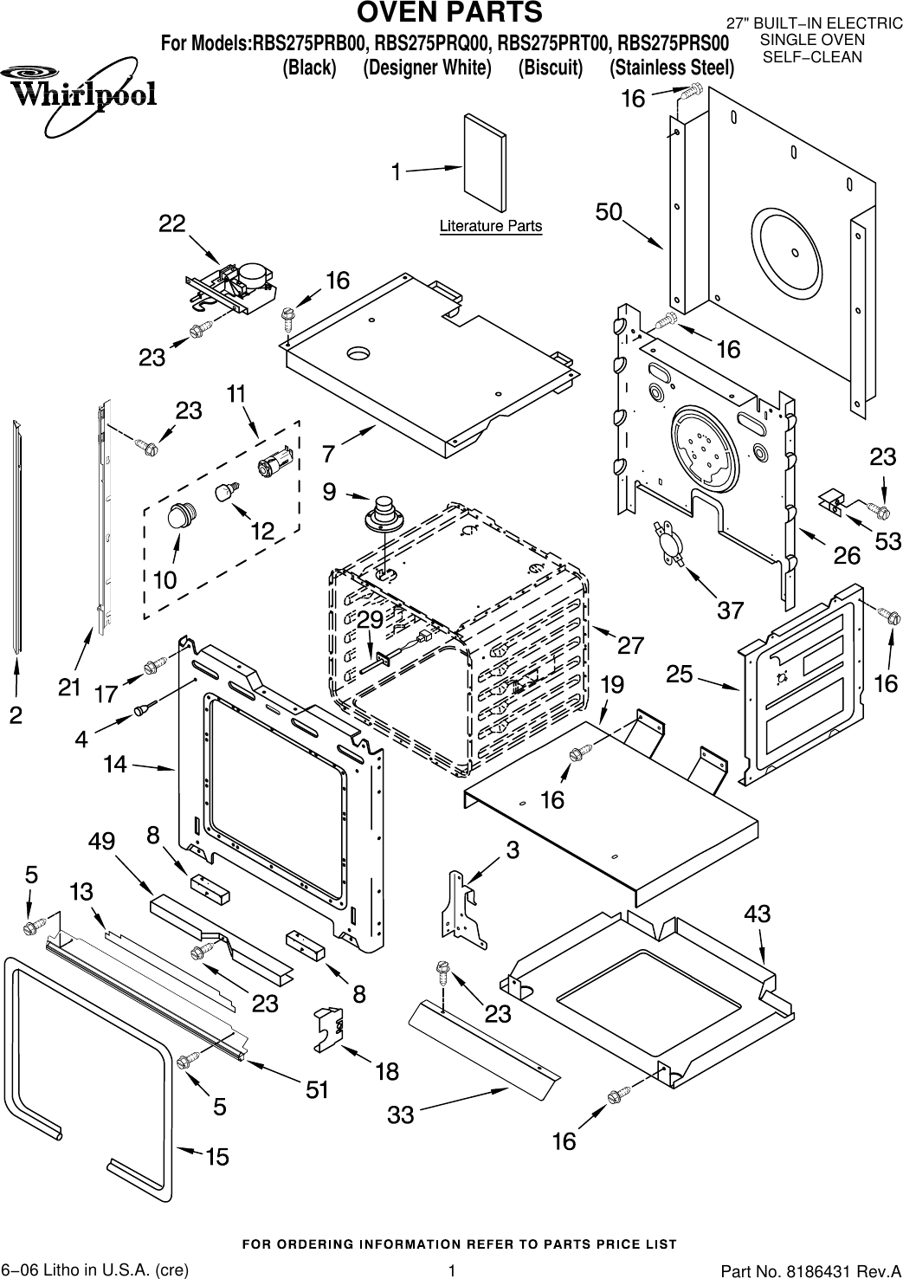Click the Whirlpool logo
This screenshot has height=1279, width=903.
pos(81,94)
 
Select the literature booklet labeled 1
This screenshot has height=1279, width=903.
pos(485,164)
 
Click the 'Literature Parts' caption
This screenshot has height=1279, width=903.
pos(490,227)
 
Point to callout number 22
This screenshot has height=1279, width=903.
pos(172,223)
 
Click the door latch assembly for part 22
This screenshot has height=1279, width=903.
pos(232,287)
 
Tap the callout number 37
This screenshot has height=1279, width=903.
pos(730,610)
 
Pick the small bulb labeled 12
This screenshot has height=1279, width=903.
pos(225,492)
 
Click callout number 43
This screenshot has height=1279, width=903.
pos(757,914)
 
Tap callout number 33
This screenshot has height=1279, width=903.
pos(400,1115)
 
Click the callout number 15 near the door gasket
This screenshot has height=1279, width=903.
pos(217,1155)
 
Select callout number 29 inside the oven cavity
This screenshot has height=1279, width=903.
pos(370,620)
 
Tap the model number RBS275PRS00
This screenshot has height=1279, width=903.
pos(674,42)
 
